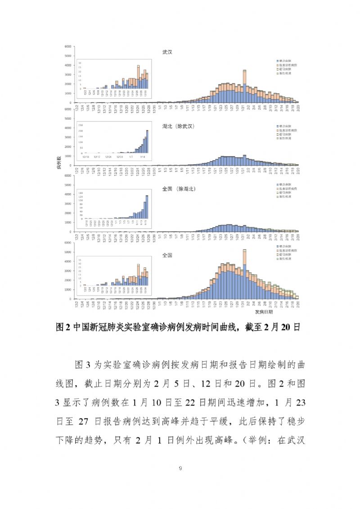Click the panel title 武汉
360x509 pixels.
[167, 52]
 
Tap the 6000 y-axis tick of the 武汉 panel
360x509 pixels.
[68, 46]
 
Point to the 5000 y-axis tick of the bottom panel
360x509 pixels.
[68, 252]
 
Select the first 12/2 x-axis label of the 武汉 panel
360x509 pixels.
[77, 108]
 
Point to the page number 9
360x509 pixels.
[180, 468]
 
